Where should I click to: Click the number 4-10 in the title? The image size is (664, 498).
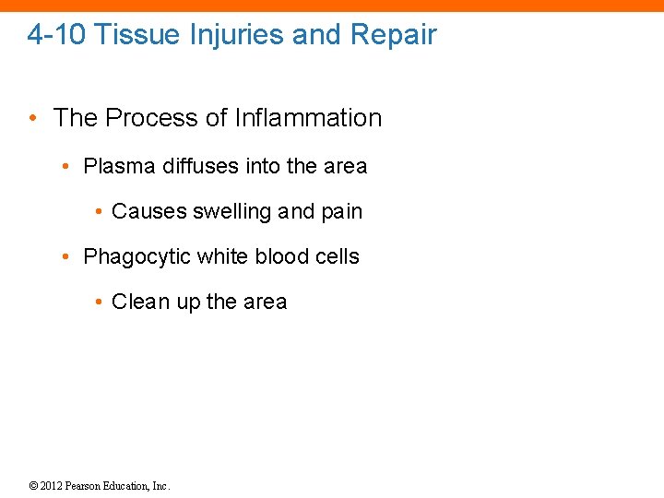(56, 35)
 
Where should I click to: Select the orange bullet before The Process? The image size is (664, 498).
(33, 118)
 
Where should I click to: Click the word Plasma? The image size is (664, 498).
(120, 167)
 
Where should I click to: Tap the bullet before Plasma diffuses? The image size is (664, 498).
(65, 167)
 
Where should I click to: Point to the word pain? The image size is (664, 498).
(341, 212)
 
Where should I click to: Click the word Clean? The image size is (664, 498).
(138, 302)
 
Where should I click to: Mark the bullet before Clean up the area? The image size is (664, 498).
(98, 302)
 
